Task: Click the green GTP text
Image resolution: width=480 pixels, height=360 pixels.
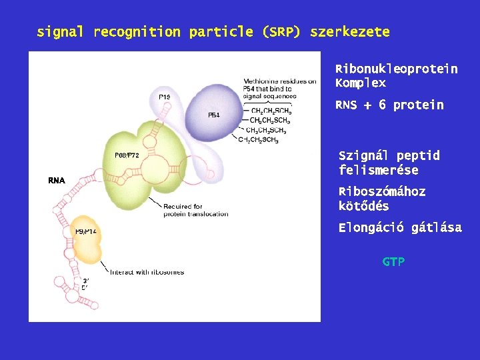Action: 393,262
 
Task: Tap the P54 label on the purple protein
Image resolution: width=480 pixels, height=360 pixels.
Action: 213,115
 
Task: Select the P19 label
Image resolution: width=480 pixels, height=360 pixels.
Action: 164,97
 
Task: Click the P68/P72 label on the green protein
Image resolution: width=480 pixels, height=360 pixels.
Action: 127,155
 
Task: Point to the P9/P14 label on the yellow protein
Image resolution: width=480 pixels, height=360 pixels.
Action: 86,231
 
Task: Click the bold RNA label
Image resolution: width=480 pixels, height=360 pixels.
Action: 57,181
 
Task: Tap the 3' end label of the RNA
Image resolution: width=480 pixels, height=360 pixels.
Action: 85,281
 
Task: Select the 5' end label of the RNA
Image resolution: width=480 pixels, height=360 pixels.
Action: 84,288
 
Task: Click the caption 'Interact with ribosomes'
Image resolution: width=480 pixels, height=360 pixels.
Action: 147,272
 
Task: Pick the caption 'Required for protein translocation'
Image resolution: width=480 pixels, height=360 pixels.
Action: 183,211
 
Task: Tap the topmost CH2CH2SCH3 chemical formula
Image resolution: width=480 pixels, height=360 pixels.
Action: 270,111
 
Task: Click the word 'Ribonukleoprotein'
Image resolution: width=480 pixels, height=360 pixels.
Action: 396,69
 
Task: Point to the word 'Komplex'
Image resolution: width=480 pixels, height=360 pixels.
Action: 360,84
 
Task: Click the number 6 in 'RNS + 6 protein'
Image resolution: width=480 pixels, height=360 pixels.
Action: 382,105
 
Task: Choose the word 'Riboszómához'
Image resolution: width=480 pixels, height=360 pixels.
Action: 382,192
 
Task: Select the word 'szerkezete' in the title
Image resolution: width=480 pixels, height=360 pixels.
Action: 349,32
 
